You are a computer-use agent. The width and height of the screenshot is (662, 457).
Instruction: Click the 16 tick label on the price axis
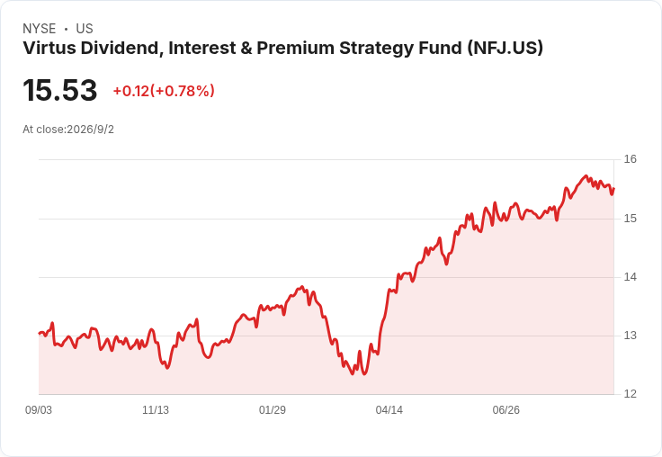[x=630, y=159]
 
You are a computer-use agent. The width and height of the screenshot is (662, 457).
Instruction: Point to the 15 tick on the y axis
[x=630, y=219]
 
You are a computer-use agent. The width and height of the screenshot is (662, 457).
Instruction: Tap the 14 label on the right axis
[x=630, y=277]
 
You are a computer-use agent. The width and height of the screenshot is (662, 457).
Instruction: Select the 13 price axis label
[x=630, y=336]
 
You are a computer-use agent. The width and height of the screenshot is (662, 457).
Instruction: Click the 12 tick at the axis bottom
[x=630, y=394]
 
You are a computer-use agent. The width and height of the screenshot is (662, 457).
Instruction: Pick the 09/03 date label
[x=39, y=410]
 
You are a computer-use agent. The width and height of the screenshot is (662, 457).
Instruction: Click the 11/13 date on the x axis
[x=156, y=410]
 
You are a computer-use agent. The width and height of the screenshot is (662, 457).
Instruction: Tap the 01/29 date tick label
[x=273, y=410]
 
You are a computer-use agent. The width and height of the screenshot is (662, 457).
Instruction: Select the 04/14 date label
[x=389, y=410]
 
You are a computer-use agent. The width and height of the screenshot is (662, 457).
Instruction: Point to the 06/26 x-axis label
[x=506, y=410]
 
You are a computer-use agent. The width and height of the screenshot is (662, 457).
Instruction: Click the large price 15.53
[x=60, y=90]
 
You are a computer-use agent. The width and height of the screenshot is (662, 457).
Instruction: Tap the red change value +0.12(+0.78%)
[x=164, y=91]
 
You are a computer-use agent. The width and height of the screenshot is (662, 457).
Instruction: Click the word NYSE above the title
[x=40, y=29]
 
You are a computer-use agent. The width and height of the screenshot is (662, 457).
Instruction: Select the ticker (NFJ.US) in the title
[x=505, y=49]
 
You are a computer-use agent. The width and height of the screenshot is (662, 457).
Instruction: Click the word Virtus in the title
[x=49, y=49]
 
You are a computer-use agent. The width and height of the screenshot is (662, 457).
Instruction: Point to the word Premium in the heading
[x=296, y=49]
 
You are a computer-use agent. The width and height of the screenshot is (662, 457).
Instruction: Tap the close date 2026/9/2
[x=90, y=130]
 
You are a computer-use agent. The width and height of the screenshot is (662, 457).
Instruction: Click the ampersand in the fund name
[x=246, y=49]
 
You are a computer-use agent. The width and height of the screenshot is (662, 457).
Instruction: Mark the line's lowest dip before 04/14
[x=353, y=374]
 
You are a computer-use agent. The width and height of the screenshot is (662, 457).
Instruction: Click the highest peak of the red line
[x=586, y=175]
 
